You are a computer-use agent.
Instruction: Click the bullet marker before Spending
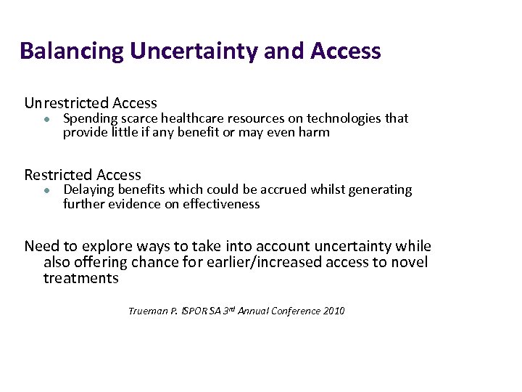click(x=45, y=118)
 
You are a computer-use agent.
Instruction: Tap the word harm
click(x=315, y=132)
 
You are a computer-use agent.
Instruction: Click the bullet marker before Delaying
click(x=45, y=190)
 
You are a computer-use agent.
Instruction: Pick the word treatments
click(x=80, y=278)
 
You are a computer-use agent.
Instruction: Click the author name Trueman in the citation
click(x=147, y=311)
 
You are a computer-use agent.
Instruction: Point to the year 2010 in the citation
click(x=334, y=311)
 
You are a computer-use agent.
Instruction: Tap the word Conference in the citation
click(x=294, y=311)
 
